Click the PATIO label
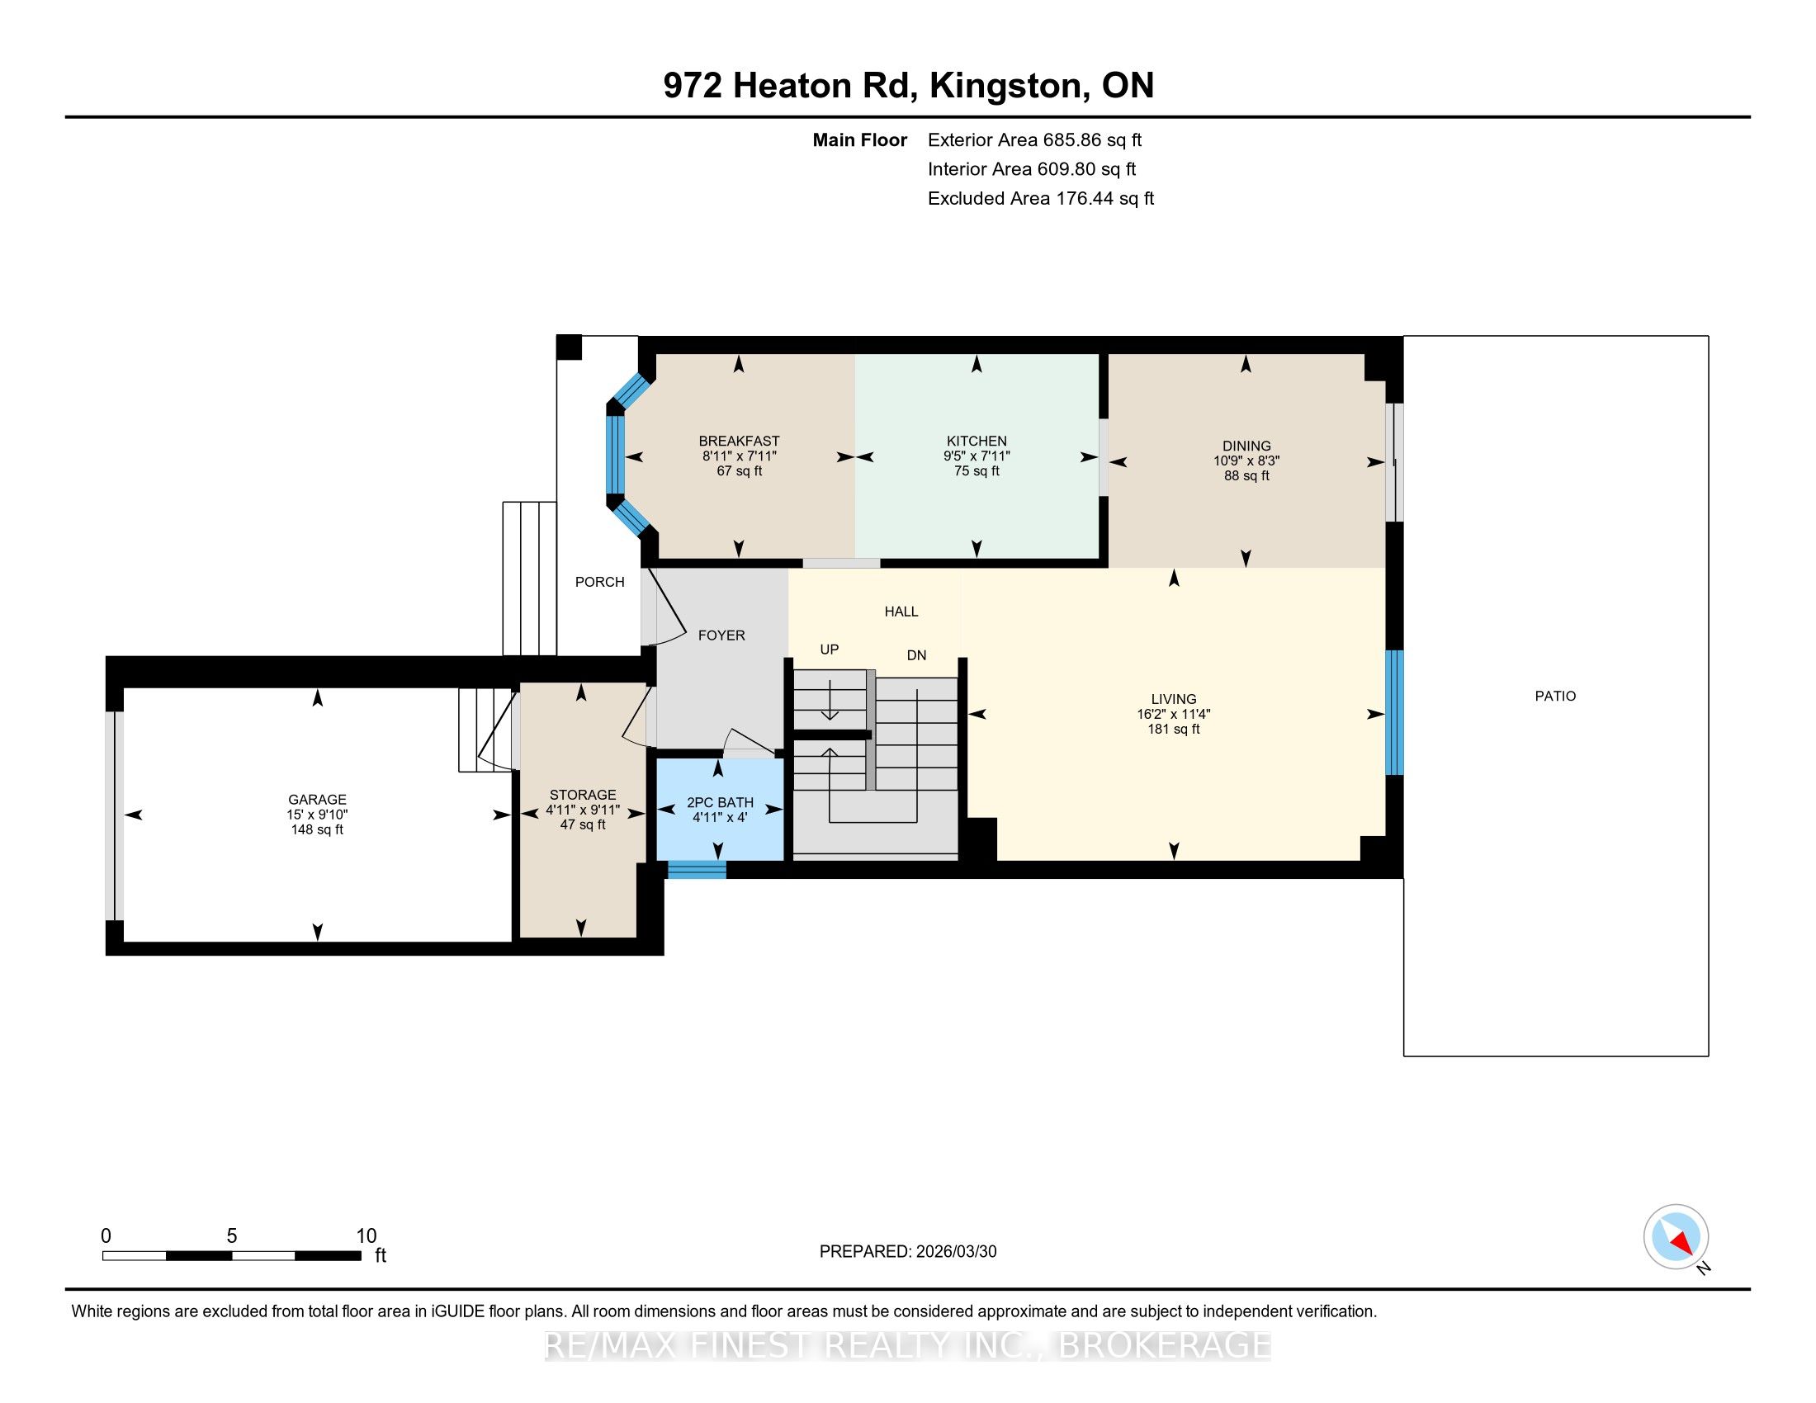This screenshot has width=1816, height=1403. pos(1555,696)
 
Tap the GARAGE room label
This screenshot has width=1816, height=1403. pos(317,800)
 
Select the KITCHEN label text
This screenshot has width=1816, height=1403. pos(977,441)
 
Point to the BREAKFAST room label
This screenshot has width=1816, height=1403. pos(740,441)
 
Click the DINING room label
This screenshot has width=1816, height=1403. pos(1246,446)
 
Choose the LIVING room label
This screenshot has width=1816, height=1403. pos(1173,699)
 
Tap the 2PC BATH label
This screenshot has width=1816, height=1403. pos(720,802)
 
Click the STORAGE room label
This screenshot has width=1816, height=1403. pos(583,795)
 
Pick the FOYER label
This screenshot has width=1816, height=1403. pos(721,635)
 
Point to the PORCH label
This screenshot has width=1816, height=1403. pos(599,582)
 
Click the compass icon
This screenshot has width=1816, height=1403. pos(1676,1236)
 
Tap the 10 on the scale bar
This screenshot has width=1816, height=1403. pos(366,1236)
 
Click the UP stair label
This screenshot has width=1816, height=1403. pos(829,650)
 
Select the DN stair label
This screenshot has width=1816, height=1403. pos(916,655)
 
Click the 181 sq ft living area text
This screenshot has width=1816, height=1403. pos(1173,729)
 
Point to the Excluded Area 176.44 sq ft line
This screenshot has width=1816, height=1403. pos(1041,199)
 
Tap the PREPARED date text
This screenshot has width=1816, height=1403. pos(908,1252)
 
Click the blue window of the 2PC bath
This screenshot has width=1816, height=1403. pos(697,869)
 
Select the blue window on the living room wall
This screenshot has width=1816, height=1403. pos(1394,712)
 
